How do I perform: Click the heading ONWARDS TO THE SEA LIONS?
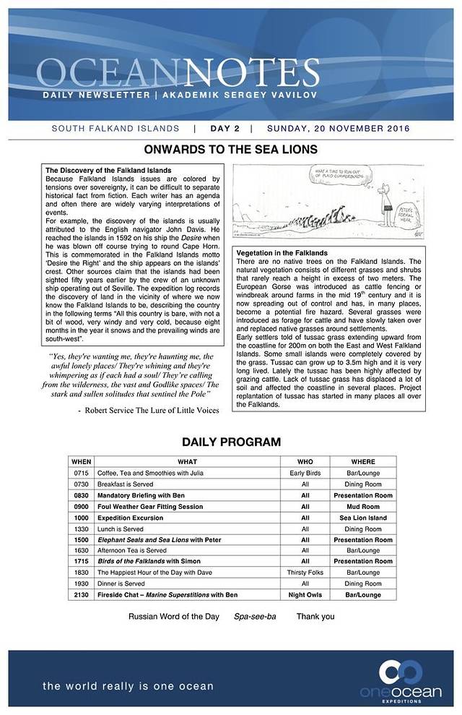coord(231,150)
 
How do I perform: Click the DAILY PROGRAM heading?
coord(231,442)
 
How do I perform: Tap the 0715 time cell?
coord(81,473)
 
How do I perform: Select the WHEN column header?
coord(82,461)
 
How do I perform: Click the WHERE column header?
coord(363,461)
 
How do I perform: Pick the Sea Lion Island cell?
coord(363,518)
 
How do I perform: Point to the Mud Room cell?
coord(363,507)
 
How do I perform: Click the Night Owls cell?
coord(305,594)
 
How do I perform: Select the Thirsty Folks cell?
coord(305,572)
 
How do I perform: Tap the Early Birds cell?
coord(305,473)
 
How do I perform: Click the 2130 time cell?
coord(81,594)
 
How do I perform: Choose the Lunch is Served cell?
coord(121,529)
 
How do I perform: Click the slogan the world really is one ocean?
coord(128,685)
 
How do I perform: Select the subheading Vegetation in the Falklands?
coord(282,253)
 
